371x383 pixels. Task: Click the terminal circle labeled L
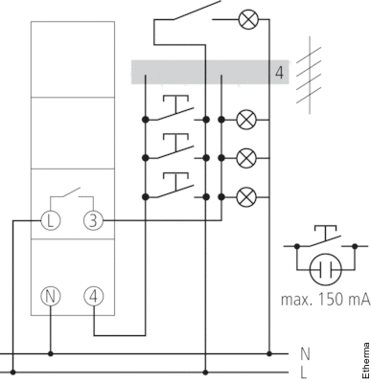click(50, 220)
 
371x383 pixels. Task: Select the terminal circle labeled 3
click(93, 220)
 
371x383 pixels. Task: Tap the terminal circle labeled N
click(50, 296)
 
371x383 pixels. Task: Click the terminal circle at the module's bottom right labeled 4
click(94, 296)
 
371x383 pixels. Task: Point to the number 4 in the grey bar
click(279, 73)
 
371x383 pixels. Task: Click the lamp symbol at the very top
click(248, 19)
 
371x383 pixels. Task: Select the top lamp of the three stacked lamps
click(246, 120)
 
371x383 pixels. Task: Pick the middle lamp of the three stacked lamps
click(246, 158)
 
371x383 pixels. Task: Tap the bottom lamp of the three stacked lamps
click(246, 197)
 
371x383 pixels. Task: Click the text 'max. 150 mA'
click(326, 300)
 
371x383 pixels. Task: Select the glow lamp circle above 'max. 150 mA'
click(326, 270)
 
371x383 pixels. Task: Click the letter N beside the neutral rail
click(305, 354)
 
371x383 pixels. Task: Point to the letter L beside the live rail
click(304, 372)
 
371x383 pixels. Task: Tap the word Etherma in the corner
click(366, 360)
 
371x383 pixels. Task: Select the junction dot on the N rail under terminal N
click(50, 353)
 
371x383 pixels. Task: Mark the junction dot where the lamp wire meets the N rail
click(269, 353)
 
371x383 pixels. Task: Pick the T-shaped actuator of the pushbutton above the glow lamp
click(325, 233)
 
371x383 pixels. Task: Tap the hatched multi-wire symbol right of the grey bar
click(309, 76)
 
